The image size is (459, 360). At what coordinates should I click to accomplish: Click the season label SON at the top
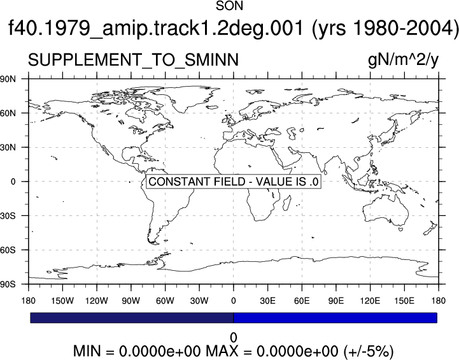coord(229,6)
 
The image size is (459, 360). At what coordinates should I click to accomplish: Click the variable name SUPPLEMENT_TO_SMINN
coord(133,60)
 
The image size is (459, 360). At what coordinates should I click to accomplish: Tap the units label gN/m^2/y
coord(404,60)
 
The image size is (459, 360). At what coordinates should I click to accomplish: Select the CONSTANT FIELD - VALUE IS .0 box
coord(233,182)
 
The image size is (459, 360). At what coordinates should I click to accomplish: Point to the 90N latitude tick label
coord(8,79)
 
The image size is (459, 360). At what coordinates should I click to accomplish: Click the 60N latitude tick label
coord(8,113)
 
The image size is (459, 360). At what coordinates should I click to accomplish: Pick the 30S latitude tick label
coord(8,216)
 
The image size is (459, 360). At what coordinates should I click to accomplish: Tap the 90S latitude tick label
coord(8,284)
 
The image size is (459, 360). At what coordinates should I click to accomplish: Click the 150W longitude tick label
coord(62,301)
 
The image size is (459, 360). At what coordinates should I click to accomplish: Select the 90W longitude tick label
coord(131,301)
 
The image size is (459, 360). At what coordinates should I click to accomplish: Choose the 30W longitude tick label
coord(199,301)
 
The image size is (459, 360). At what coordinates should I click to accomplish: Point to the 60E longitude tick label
coord(302,301)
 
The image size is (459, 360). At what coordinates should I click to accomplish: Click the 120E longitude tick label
coord(371,301)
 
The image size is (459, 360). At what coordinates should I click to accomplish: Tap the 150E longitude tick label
coord(404,301)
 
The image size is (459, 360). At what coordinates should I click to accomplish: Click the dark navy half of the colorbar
coord(132,318)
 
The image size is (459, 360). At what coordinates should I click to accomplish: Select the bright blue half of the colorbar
coord(335,318)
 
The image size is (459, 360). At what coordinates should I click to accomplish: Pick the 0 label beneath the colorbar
coord(233,338)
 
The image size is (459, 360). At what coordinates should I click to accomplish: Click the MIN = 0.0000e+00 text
coord(137,351)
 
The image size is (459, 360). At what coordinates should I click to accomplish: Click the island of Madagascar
coord(287,203)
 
